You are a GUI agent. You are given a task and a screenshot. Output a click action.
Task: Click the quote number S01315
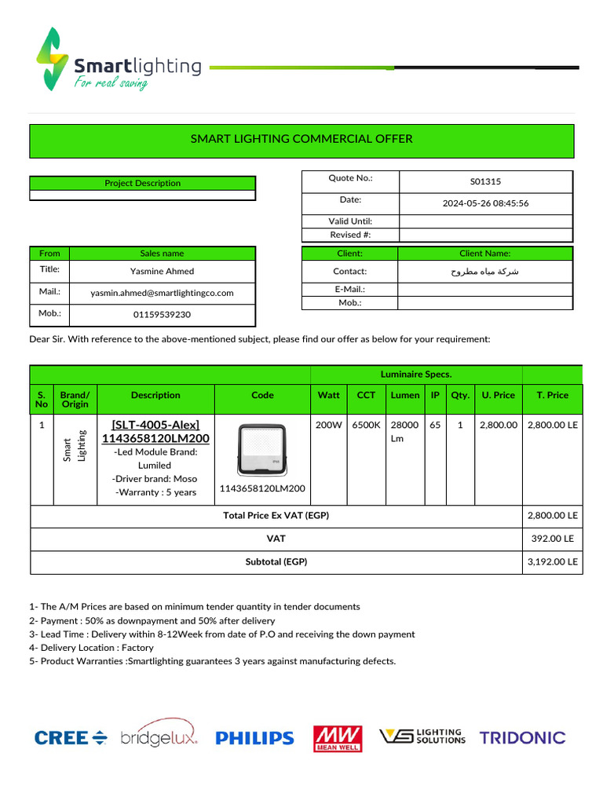485,181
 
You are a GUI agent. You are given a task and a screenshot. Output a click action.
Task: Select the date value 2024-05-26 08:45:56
485,203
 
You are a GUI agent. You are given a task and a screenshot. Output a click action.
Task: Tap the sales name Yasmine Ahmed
162,271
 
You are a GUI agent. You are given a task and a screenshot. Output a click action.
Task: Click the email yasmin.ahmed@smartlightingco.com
162,293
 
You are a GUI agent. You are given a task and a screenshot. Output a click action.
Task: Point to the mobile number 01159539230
162,315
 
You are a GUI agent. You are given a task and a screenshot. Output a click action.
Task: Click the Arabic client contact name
484,272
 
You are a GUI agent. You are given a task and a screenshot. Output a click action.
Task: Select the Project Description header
142,183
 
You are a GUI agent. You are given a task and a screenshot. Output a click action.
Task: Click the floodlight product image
262,451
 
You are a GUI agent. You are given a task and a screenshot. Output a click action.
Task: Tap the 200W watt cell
327,425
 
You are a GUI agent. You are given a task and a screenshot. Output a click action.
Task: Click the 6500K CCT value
366,425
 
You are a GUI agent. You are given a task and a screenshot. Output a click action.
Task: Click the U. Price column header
498,395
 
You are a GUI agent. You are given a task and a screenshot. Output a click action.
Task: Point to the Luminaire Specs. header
415,375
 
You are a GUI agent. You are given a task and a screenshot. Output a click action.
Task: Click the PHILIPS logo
254,738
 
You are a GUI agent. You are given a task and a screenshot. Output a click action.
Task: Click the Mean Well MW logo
338,738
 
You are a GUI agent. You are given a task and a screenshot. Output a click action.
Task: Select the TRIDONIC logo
522,738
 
